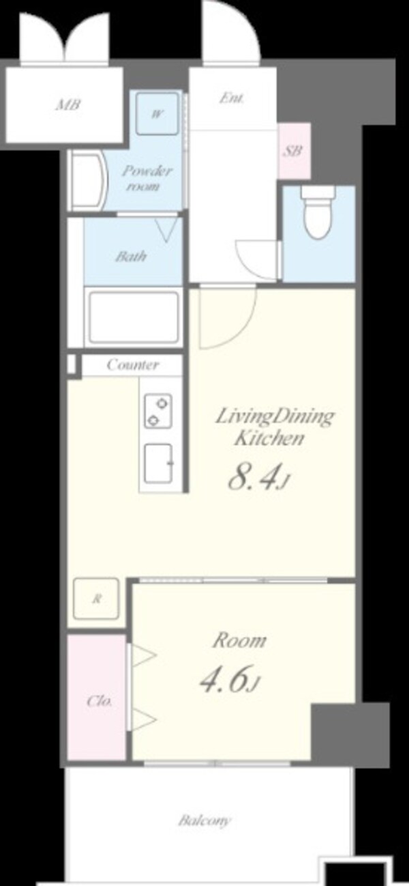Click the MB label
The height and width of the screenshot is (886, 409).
click(x=68, y=105)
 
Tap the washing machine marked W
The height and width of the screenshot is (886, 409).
click(x=157, y=114)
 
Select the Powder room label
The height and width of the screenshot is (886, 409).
click(x=146, y=178)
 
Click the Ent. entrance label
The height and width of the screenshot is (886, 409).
click(x=232, y=98)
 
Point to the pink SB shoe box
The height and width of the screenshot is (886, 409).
click(x=294, y=151)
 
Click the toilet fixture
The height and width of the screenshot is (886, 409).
click(x=318, y=213)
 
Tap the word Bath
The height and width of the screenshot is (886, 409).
click(x=131, y=256)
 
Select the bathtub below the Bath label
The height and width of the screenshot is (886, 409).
click(x=134, y=317)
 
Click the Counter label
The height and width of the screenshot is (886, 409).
click(x=133, y=365)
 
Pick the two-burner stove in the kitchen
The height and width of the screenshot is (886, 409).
click(x=158, y=410)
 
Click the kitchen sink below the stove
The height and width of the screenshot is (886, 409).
click(x=158, y=463)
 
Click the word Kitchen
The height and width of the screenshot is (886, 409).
click(x=269, y=438)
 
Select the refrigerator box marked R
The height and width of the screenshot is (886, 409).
click(x=96, y=599)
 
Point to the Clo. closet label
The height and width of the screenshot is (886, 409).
click(x=100, y=702)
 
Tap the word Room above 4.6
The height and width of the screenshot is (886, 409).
click(x=240, y=640)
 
